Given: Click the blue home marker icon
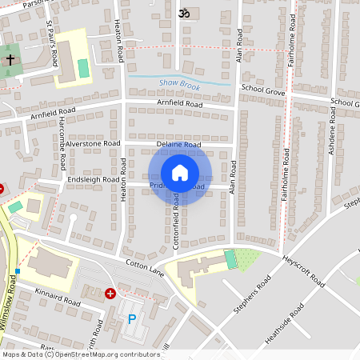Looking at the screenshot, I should click(180, 173).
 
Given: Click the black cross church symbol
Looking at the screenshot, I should click(10, 60).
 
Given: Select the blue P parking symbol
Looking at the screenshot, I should click(132, 319).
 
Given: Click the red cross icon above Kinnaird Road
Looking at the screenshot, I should click(110, 294).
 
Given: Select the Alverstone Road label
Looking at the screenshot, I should click(92, 143).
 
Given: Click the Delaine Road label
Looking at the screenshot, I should click(178, 145).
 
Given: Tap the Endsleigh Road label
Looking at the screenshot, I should click(93, 180).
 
